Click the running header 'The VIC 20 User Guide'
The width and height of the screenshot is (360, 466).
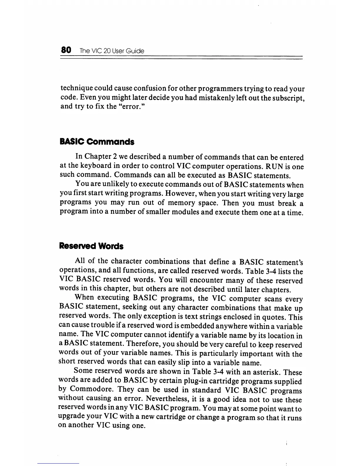112,51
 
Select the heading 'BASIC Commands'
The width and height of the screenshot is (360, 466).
97,142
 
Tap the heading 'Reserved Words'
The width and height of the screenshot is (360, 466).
91,246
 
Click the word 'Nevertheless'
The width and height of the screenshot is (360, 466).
168,399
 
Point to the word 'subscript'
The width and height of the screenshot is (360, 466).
286,98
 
